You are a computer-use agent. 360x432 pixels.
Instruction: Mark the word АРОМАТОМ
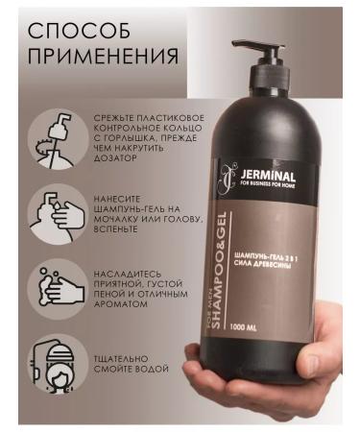click(x=123, y=303)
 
